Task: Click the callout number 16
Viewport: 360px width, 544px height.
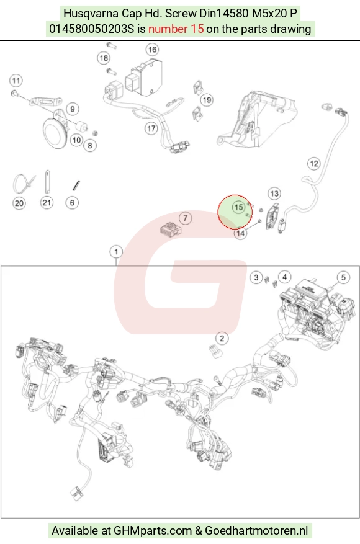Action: tap(153, 50)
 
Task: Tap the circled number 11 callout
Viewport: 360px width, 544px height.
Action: tap(16, 81)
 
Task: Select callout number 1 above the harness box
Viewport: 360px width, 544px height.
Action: tap(116, 252)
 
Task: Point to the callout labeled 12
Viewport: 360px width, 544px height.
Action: tap(314, 163)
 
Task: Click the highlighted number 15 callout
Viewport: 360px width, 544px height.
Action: tap(238, 207)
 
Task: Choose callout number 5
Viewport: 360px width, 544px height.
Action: tap(343, 277)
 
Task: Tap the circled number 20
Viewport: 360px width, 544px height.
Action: tap(19, 203)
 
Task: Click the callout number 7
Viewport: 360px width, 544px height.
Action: tap(186, 218)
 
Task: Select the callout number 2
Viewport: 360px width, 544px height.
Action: tap(222, 338)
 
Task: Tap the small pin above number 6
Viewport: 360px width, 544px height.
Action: tap(76, 185)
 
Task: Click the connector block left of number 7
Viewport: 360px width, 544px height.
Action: tap(171, 230)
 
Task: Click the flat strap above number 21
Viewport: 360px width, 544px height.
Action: tap(47, 182)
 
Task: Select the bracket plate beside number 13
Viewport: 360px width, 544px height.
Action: tap(272, 216)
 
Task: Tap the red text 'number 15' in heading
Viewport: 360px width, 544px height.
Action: tap(176, 29)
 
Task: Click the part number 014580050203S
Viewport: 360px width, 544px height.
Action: tap(92, 29)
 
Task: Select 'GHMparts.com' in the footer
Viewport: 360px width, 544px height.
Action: tap(153, 530)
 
